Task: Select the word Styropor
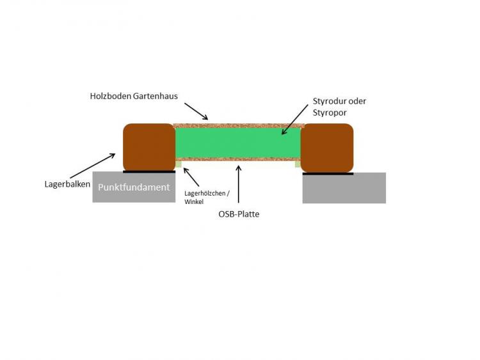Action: pyautogui.click(x=330, y=113)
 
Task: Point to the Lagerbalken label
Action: pyautogui.click(x=67, y=184)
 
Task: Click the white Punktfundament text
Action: pyautogui.click(x=134, y=187)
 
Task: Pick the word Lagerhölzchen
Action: pyautogui.click(x=205, y=193)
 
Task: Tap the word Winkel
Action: pyautogui.click(x=194, y=202)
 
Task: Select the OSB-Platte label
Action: pyautogui.click(x=239, y=214)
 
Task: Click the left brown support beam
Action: pyautogui.click(x=149, y=148)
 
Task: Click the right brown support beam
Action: pyautogui.click(x=327, y=148)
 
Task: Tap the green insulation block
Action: pyautogui.click(x=238, y=143)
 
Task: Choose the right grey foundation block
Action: pyautogui.click(x=344, y=188)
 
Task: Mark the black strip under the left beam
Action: pyautogui.click(x=149, y=172)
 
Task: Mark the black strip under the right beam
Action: pyautogui.click(x=328, y=174)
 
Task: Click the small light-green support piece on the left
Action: pyautogui.click(x=179, y=164)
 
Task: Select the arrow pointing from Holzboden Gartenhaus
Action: pyautogui.click(x=196, y=111)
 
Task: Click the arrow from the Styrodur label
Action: pyautogui.click(x=295, y=120)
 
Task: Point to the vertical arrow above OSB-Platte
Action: pyautogui.click(x=239, y=184)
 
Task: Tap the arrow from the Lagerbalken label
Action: pyautogui.click(x=93, y=166)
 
